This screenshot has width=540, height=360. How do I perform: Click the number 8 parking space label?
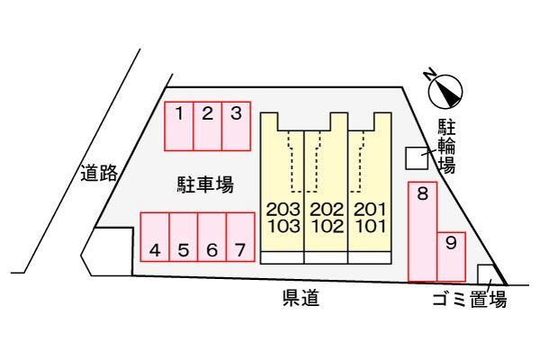[421, 192]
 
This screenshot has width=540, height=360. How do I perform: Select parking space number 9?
[450, 241]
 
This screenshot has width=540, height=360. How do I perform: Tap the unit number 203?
[282, 210]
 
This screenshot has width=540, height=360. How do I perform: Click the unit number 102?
[327, 226]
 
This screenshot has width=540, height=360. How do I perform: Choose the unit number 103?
[282, 226]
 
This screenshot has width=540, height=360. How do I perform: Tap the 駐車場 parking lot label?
[205, 185]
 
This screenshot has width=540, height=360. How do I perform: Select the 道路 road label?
[98, 174]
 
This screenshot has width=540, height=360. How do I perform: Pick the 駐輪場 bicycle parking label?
[446, 145]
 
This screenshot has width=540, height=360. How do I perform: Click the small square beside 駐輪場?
[417, 157]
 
